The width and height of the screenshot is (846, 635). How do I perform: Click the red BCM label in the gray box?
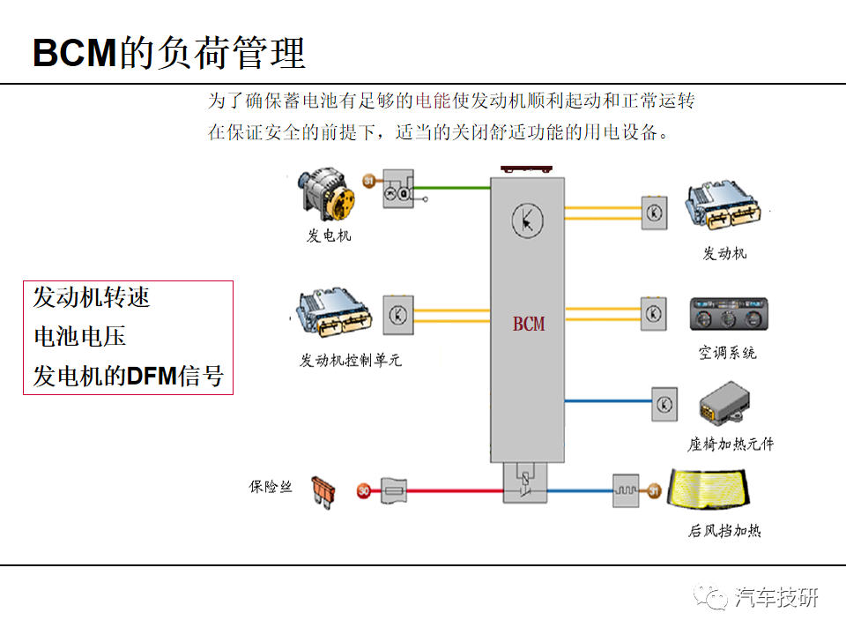(529, 324)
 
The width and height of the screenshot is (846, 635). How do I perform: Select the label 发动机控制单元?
(351, 361)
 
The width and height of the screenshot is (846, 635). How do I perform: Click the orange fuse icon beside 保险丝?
(326, 490)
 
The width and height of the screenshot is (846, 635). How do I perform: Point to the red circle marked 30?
(364, 490)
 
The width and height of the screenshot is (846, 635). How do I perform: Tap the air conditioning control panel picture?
(724, 315)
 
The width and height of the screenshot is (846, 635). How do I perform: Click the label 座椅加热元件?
(731, 444)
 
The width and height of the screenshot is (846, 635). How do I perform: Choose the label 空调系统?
(727, 353)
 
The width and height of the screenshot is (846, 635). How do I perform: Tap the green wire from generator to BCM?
(458, 187)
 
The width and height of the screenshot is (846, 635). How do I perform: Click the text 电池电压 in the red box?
(80, 336)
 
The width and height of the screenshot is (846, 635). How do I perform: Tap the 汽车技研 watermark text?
(776, 597)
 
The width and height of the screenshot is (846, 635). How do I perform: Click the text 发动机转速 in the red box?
(92, 296)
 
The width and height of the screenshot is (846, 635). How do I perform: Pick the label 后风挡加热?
(724, 530)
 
